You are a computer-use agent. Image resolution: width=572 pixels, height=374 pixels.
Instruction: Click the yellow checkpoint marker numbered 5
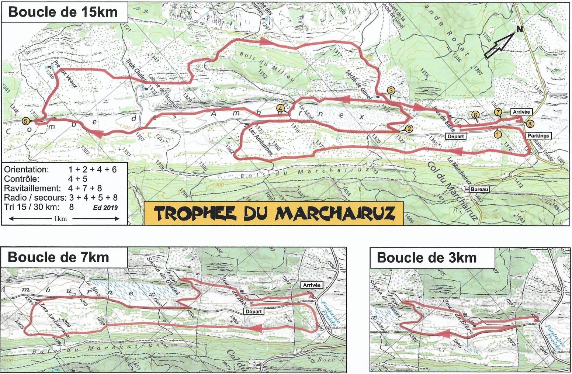tap(25, 121)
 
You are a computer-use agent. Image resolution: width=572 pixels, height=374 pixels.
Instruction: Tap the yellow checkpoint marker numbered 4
tap(281, 108)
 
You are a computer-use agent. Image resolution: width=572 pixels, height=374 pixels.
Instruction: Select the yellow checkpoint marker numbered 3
tap(391, 90)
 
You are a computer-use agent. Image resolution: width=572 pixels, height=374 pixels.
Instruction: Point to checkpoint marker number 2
tap(409, 129)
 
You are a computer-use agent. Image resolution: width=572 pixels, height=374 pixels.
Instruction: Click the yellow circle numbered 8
tap(530, 124)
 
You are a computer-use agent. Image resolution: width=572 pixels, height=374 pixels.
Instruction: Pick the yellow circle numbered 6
tap(475, 115)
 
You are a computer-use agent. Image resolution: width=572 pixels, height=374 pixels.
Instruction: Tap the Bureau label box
tap(479, 189)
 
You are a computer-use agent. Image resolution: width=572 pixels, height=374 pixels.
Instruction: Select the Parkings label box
tap(538, 136)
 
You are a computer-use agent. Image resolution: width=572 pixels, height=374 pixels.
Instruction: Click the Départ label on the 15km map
tap(455, 136)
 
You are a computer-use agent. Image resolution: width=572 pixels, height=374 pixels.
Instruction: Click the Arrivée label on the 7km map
tap(312, 285)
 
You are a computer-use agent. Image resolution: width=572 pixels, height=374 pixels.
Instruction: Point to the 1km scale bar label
tap(60, 219)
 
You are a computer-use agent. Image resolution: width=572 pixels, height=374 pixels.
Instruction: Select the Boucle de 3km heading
tap(427, 257)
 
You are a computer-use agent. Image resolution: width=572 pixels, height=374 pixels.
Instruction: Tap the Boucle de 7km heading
tap(58, 257)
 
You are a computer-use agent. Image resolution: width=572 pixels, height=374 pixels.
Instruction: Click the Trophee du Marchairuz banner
tap(274, 213)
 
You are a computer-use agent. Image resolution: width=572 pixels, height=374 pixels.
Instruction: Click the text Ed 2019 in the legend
tap(105, 207)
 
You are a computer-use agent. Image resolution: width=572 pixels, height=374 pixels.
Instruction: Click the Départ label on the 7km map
tap(254, 311)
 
